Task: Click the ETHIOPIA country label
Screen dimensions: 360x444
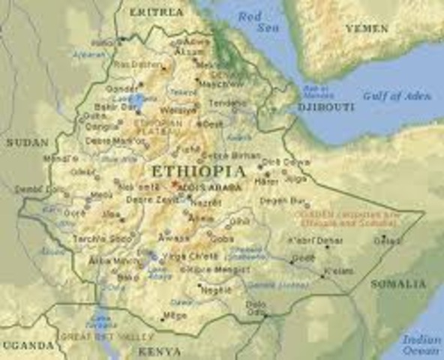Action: coord(198,171)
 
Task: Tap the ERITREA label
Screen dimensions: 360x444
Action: coord(155,13)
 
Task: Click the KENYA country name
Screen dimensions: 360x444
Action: coord(158,350)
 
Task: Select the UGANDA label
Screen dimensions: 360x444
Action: coord(27,345)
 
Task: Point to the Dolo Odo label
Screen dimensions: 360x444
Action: coord(256,307)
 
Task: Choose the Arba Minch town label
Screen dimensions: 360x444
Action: coord(106,261)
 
